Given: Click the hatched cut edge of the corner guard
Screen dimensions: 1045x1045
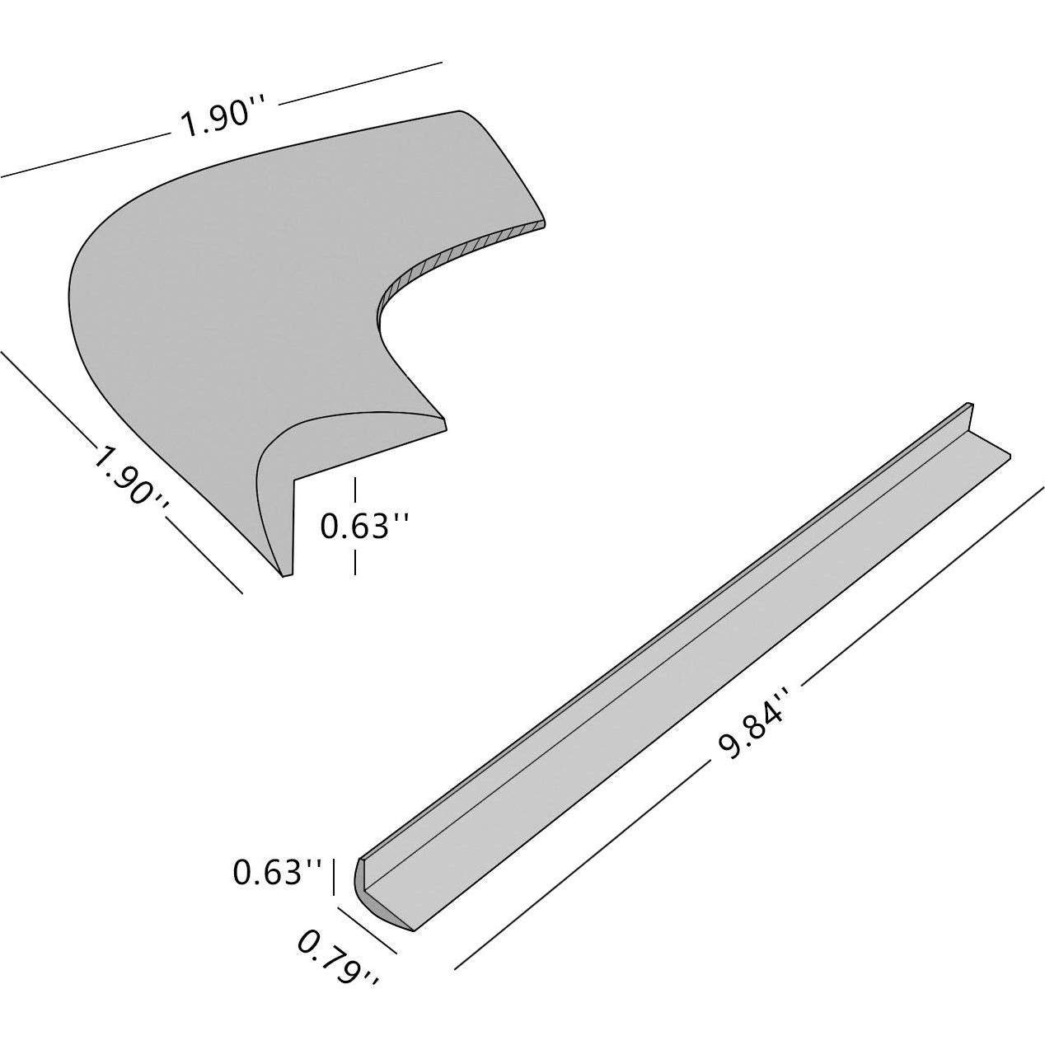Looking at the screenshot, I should [x=462, y=251].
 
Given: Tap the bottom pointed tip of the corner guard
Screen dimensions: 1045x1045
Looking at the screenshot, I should [x=286, y=573].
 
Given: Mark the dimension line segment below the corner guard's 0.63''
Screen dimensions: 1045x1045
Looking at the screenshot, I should [x=355, y=560].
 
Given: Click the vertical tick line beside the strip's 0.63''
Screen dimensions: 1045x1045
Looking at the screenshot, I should [x=333, y=876].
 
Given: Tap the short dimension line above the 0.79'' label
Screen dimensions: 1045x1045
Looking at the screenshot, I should [x=368, y=930].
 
